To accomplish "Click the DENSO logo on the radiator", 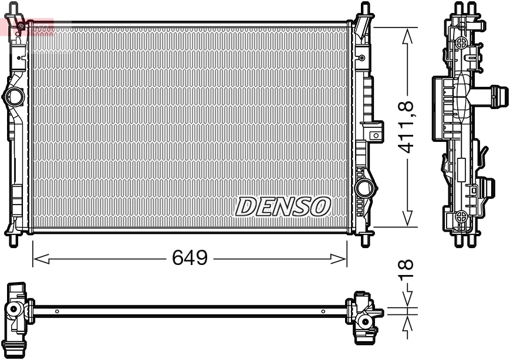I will [283, 206].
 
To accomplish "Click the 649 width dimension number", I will [190, 257].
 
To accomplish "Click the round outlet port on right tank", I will [364, 188].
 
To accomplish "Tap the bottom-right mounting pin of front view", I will [364, 239].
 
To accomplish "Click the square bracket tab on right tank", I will [374, 135].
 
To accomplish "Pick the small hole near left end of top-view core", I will [56, 311].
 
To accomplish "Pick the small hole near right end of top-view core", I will [323, 311].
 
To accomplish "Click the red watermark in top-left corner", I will [26, 26].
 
